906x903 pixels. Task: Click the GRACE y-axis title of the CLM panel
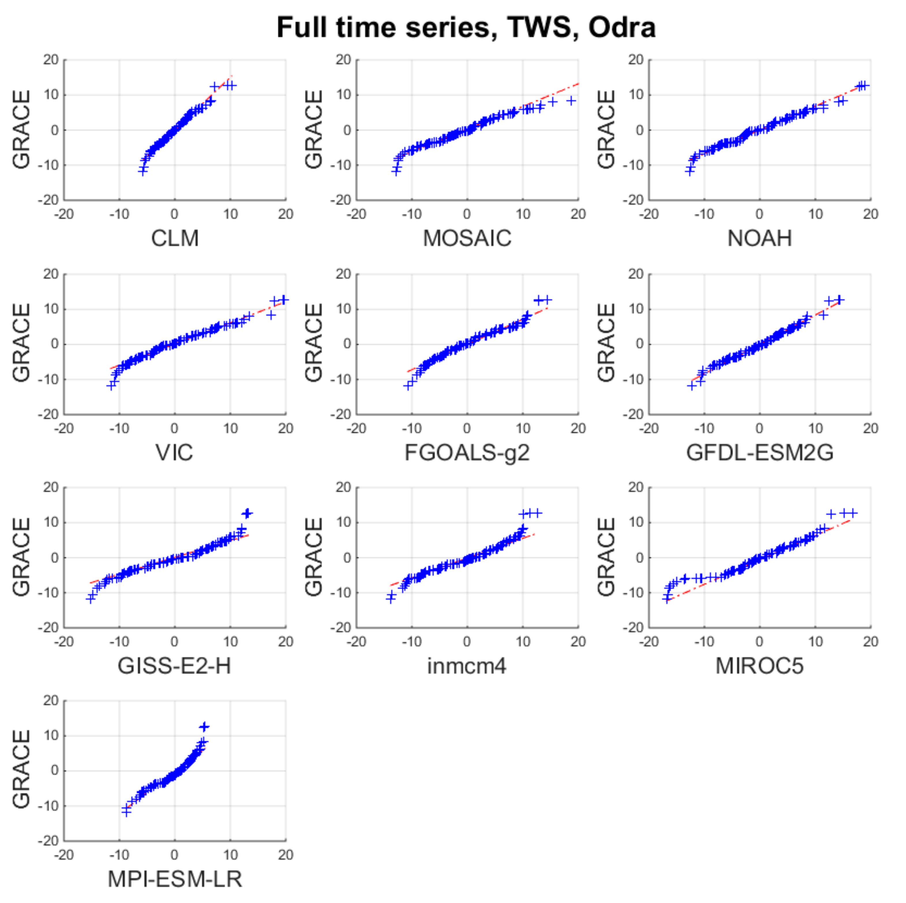pyautogui.click(x=21, y=130)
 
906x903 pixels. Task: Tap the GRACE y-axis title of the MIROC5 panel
pyautogui.click(x=606, y=557)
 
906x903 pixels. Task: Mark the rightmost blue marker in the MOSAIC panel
pyautogui.click(x=571, y=100)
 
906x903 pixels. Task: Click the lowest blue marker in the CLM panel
pyautogui.click(x=142, y=171)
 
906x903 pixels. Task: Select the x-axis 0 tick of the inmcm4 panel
pyautogui.click(x=467, y=641)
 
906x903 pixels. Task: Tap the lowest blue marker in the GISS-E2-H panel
pyautogui.click(x=91, y=599)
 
